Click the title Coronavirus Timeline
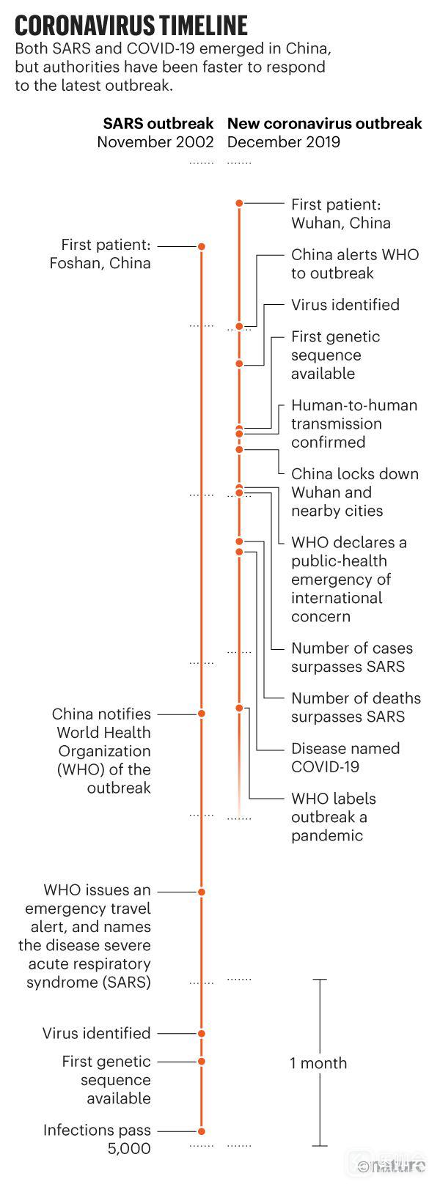point(131,26)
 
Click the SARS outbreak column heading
point(158,123)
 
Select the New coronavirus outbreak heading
point(324,123)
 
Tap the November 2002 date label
point(155,141)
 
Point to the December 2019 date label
point(283,141)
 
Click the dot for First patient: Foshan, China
point(202,247)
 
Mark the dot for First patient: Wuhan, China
point(239,203)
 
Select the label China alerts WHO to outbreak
point(354,264)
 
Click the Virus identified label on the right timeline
point(345,305)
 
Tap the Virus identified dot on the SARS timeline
point(202,1034)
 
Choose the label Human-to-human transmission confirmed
point(353,424)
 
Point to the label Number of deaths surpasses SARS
point(356,707)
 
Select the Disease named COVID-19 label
point(345,758)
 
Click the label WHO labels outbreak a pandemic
point(333,817)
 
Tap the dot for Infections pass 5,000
point(202,1131)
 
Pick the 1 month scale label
point(318,1063)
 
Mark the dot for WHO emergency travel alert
point(202,892)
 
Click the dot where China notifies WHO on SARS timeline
point(202,714)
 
